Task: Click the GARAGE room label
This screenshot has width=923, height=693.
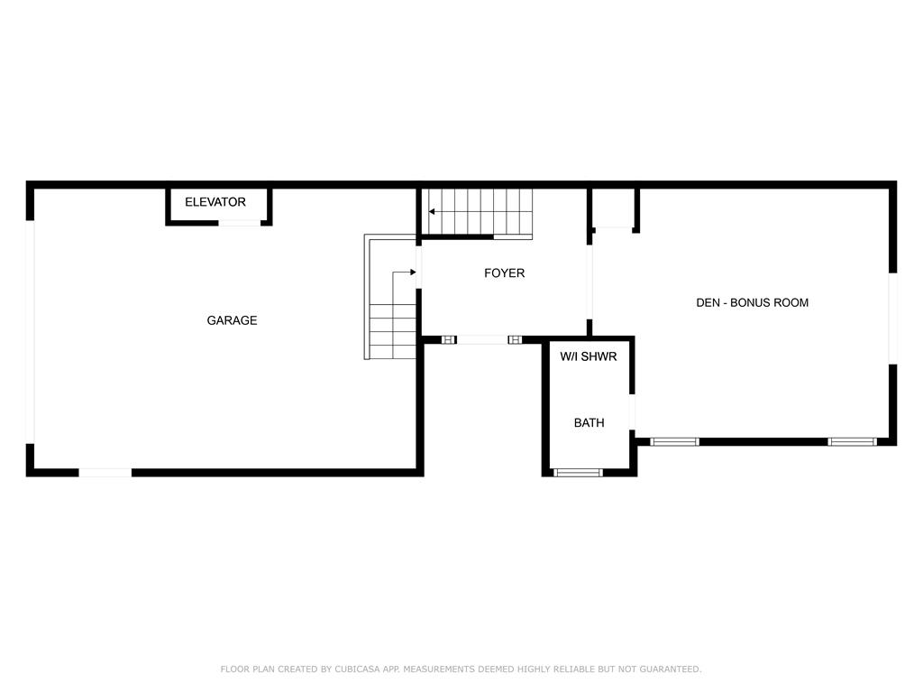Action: point(232,320)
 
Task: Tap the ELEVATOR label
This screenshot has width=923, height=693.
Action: point(215,202)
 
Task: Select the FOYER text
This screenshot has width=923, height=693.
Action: point(505,273)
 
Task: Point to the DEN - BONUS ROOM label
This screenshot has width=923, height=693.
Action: point(753,303)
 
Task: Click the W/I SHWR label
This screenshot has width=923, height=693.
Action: point(588,356)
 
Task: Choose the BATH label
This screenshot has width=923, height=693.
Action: point(589,422)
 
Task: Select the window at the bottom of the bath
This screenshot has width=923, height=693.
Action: point(578,473)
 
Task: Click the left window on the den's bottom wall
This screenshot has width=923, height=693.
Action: point(674,442)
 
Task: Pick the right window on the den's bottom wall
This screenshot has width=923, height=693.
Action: point(853,442)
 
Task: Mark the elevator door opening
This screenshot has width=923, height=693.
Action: point(240,223)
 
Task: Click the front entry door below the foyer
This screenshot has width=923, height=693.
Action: point(482,340)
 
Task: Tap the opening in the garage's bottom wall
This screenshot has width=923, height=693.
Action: point(105,473)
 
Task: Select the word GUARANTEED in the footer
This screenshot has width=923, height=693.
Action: point(671,669)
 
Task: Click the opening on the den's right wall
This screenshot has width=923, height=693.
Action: point(892,319)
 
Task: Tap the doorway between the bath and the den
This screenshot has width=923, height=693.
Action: point(632,411)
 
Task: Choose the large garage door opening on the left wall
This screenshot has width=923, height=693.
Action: point(30,332)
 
